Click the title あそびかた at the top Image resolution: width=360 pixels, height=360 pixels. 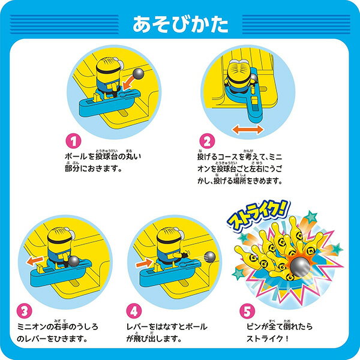pyautogui.click(x=181, y=24)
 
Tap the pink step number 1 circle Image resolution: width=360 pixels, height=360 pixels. pyautogui.click(x=73, y=142)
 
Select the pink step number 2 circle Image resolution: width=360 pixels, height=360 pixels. pyautogui.click(x=207, y=141)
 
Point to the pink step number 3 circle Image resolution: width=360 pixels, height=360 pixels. pyautogui.click(x=25, y=311)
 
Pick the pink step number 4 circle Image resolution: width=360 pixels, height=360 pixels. pyautogui.click(x=134, y=311)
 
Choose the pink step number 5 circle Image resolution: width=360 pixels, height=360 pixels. pyautogui.click(x=247, y=311)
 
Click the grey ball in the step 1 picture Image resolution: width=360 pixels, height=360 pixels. pyautogui.click(x=139, y=74)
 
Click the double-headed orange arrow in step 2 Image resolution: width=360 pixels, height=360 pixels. pyautogui.click(x=247, y=130)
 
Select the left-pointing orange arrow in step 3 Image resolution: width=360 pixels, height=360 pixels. pyautogui.click(x=35, y=261)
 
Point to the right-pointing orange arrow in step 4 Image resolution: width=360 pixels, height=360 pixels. pyautogui.click(x=144, y=263)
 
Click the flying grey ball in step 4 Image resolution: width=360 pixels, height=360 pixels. pyautogui.click(x=209, y=257)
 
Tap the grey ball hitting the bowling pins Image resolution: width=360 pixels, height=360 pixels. pyautogui.click(x=300, y=266)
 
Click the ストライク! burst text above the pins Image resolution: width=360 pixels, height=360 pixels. pyautogui.click(x=259, y=215)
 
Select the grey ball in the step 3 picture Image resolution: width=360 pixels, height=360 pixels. pyautogui.click(x=73, y=261)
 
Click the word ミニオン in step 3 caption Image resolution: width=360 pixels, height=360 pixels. pyautogui.click(x=31, y=327)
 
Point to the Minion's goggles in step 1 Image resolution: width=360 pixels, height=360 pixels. pyautogui.click(x=118, y=63)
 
